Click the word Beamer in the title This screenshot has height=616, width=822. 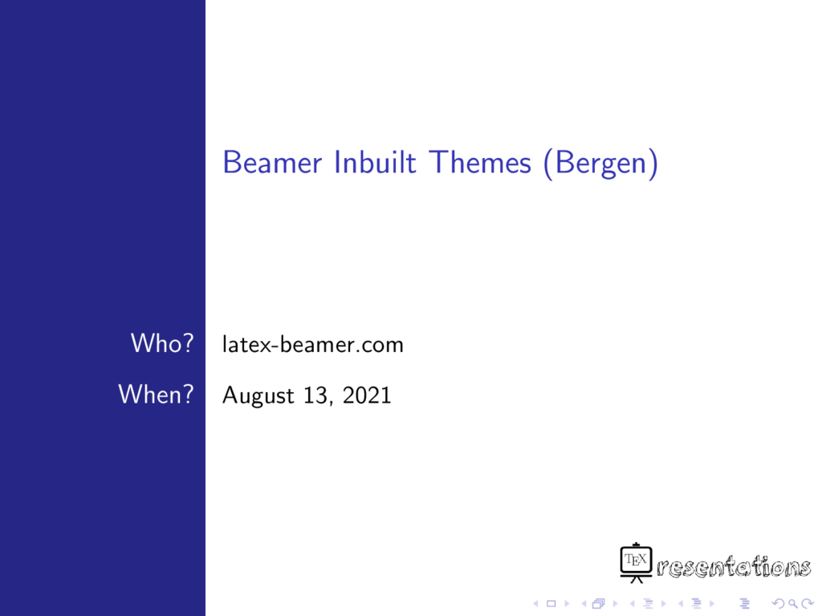pos(272,162)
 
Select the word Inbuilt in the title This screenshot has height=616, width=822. pos(376,162)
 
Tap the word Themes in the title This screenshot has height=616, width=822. pos(480,162)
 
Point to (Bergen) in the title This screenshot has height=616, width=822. pos(600,164)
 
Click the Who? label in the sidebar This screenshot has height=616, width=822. pos(162,343)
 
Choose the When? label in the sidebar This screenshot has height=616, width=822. pos(157,394)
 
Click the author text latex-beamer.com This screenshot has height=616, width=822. pos(313,345)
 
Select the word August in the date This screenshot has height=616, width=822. pos(258,396)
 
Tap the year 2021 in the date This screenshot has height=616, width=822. pos(367,395)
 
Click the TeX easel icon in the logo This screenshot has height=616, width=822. pos(636,563)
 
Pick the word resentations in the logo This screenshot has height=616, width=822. pos(734,567)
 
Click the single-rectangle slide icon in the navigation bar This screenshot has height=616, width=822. pos(551,604)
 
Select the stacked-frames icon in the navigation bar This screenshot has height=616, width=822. pos(598,604)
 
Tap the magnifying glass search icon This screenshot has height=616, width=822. pos(793,604)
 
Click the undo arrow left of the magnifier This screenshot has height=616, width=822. pos(779,604)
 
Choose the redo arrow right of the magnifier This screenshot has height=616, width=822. pos(808,604)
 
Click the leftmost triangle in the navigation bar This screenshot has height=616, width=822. pos(535,604)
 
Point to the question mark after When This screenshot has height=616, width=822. pos(187,394)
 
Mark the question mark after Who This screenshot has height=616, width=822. pos(188,343)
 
